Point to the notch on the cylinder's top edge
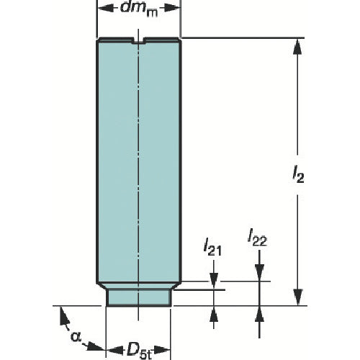[x=139, y=42]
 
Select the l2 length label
[x=297, y=175]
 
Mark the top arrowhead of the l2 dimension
[x=296, y=45]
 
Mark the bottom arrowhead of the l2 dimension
[x=296, y=298]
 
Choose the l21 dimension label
[x=213, y=250]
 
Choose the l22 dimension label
[x=258, y=237]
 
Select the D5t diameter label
[x=139, y=351]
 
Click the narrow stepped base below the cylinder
[x=139, y=296]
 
